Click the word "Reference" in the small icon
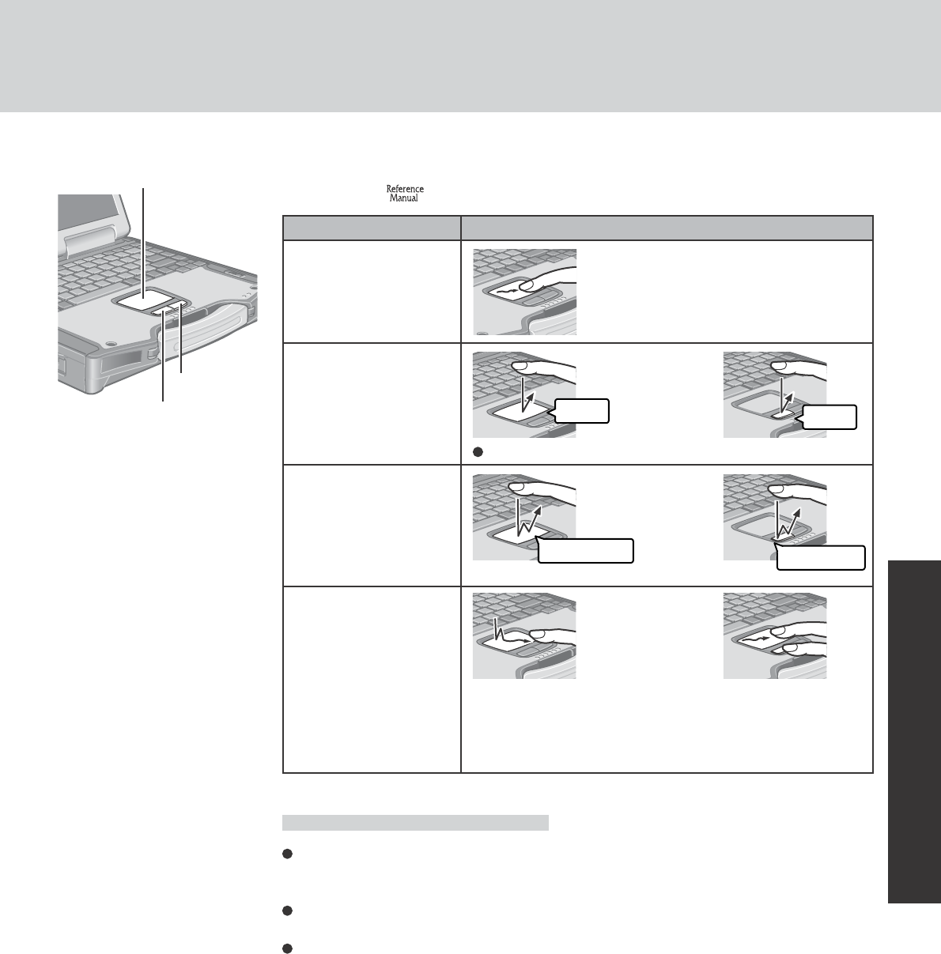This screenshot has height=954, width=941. coord(404,189)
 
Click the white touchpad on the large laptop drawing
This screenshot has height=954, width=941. coord(145,299)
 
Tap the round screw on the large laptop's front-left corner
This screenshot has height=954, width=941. coord(111,345)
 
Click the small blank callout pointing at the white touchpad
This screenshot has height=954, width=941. coord(582,410)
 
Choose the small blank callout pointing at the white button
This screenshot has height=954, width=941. coord(830,417)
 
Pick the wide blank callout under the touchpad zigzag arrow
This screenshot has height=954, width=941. coord(585,550)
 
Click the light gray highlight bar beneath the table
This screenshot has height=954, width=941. coord(415,823)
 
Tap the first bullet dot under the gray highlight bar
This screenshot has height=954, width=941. coord(288,854)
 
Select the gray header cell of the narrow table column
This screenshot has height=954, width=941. coord(372,228)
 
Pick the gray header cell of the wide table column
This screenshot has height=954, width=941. coord(667,228)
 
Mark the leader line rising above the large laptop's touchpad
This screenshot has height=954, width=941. coord(143,237)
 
